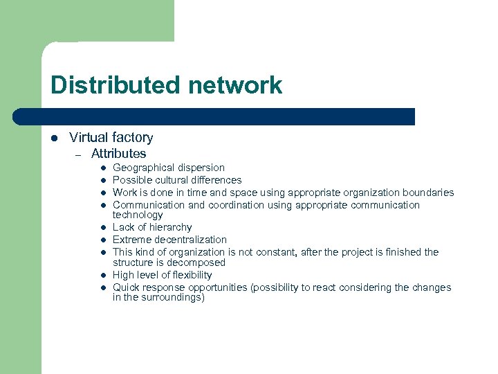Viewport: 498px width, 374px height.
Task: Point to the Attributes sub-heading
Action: click(118, 154)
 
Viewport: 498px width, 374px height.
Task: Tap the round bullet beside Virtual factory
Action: click(54, 139)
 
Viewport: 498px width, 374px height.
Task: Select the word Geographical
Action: click(145, 168)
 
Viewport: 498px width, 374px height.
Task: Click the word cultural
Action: click(170, 180)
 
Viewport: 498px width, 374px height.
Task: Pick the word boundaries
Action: click(428, 193)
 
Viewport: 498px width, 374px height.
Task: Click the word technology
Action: click(138, 215)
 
